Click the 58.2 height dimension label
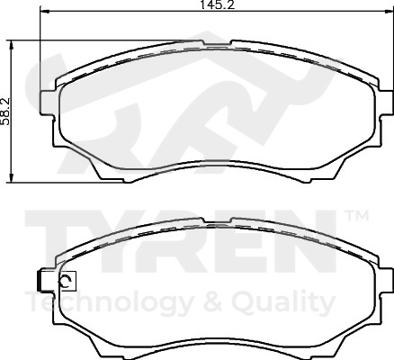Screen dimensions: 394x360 [x=5, y=112]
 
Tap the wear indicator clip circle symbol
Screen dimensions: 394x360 [x=66, y=281]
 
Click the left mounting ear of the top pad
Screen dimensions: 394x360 [x=48, y=103]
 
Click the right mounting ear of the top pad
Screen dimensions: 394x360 [x=386, y=103]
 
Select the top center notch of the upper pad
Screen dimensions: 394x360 [x=217, y=43]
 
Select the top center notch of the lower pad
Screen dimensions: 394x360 [x=217, y=220]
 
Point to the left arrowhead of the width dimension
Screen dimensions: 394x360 [x=44, y=11]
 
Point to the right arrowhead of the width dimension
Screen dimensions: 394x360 [x=389, y=11]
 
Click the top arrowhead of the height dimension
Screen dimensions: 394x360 [x=12, y=45]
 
